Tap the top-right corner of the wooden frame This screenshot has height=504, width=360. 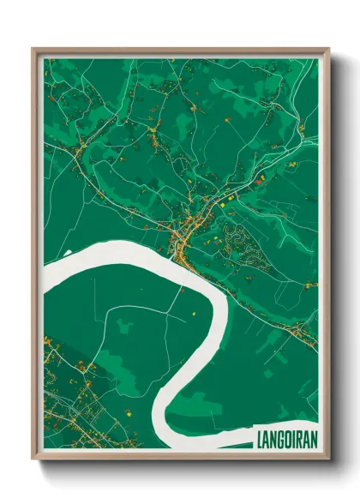(x=327, y=50)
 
